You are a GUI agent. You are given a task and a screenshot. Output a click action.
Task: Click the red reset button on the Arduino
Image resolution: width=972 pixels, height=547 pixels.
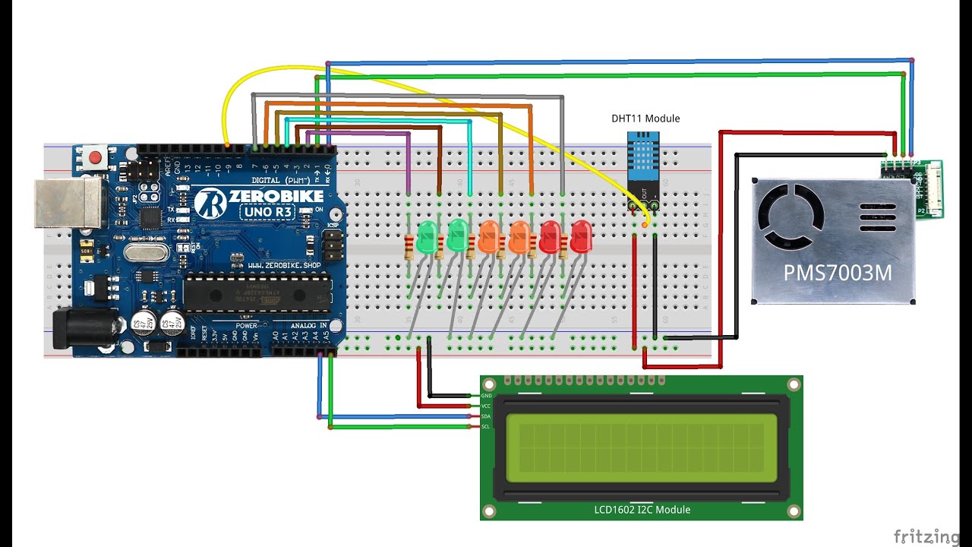coord(95,158)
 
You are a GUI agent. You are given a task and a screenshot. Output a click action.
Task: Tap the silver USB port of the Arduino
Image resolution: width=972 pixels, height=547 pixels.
coord(67,203)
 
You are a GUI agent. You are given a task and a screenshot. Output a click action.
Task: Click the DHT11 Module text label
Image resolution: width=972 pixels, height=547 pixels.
coord(645,119)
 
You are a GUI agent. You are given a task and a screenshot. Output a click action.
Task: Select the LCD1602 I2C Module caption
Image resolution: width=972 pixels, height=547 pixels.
coord(642,510)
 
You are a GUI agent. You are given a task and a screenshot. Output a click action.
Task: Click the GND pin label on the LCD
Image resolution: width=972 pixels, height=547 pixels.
coord(486,396)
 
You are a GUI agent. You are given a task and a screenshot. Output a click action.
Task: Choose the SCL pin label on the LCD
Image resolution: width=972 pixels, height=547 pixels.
coord(486,426)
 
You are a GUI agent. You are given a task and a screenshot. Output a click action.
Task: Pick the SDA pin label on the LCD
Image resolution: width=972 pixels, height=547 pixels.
coord(486,416)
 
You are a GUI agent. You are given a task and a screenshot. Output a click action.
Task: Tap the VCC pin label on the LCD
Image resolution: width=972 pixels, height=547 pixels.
coord(486,406)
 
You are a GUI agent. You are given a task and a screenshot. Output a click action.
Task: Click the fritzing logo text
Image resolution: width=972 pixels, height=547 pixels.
coord(926,536)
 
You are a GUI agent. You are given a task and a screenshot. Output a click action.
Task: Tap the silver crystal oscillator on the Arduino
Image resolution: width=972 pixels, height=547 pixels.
coord(149,253)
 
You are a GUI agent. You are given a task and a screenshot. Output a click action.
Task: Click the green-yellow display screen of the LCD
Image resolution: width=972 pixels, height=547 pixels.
coord(641,447)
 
